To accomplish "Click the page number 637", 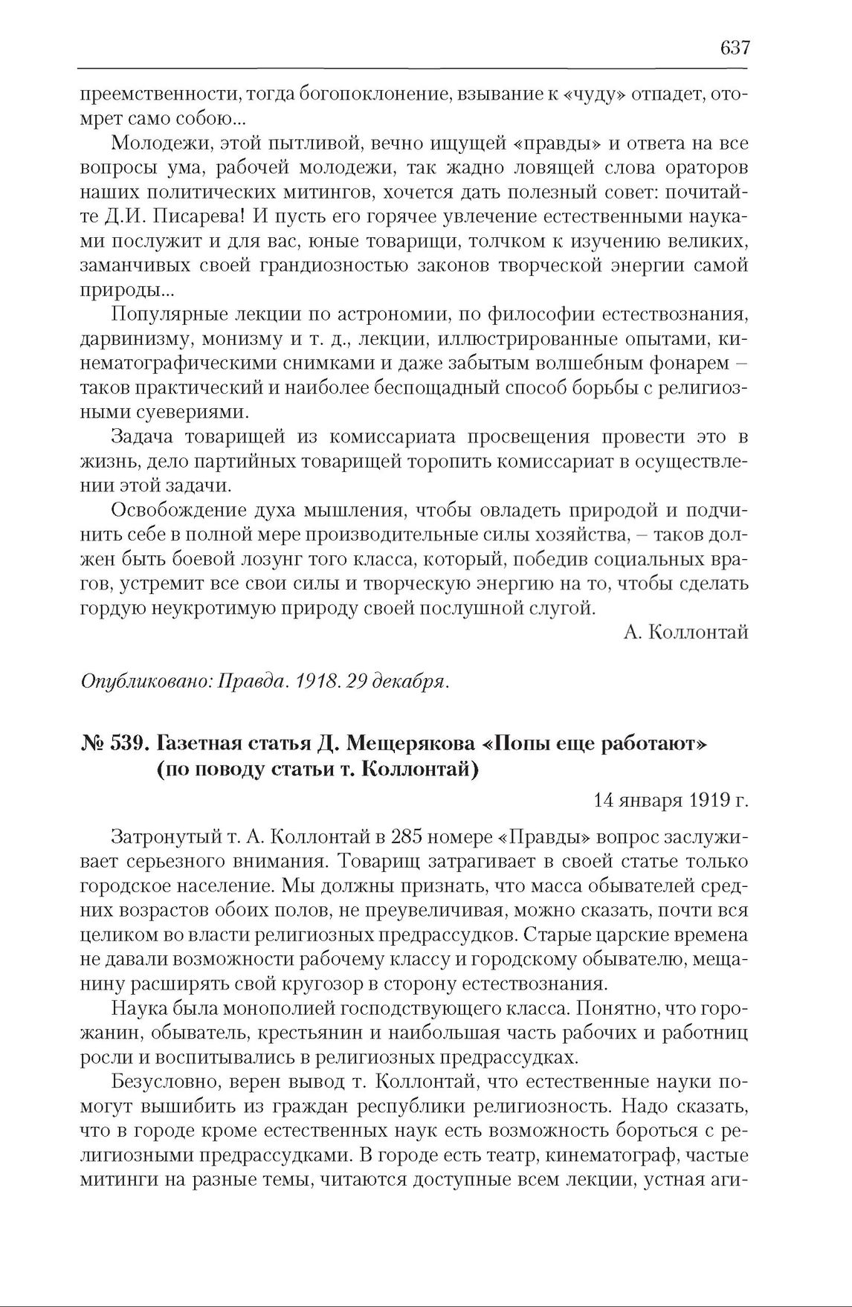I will [735, 48].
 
